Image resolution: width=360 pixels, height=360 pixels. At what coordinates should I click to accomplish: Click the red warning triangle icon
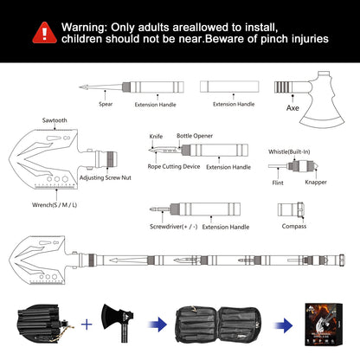click(x=41, y=32)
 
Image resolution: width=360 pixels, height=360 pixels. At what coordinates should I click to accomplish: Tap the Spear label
click(x=105, y=104)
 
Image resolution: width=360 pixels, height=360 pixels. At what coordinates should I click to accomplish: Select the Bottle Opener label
click(x=196, y=136)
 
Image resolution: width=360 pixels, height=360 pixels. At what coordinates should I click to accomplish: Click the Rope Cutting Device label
click(x=173, y=167)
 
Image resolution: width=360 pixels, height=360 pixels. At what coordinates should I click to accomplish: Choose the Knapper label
click(x=316, y=183)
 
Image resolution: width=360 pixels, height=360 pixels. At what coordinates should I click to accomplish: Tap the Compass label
click(x=293, y=226)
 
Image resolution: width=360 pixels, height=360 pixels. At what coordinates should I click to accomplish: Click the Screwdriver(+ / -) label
click(x=174, y=226)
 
